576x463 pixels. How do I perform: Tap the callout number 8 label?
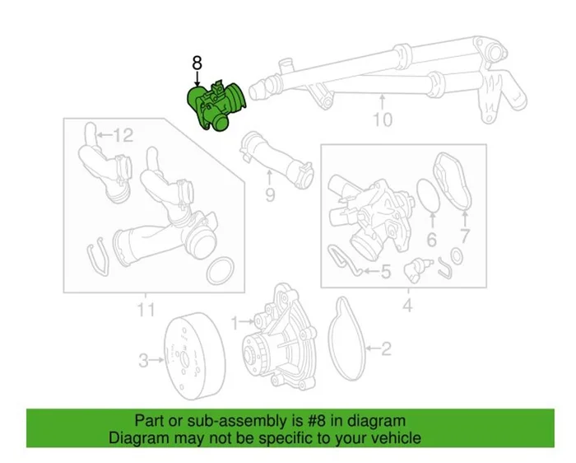click(x=196, y=62)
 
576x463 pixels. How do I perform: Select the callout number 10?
click(x=383, y=119)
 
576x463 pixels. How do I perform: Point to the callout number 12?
click(x=122, y=134)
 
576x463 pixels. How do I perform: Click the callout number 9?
click(x=269, y=195)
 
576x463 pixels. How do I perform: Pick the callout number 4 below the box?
click(x=406, y=308)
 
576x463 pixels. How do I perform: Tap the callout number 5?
click(x=384, y=269)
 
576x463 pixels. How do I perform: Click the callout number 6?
click(x=430, y=241)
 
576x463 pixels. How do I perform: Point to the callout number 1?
click(x=234, y=320)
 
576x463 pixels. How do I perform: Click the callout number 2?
click(x=385, y=349)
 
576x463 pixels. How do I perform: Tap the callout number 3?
click(x=143, y=360)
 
